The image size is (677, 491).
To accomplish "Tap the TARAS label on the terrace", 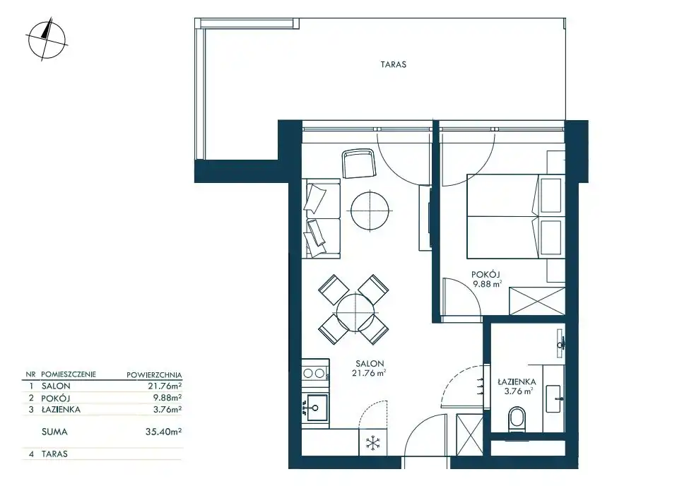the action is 394,65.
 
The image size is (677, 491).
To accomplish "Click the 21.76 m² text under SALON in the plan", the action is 369,374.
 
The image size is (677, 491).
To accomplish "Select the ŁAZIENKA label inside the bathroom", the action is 517,381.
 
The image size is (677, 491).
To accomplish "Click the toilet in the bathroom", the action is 517,418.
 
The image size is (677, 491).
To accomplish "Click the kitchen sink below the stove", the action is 315,408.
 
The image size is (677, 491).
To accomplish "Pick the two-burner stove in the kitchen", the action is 314,373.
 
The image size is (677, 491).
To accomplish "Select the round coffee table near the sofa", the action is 370,211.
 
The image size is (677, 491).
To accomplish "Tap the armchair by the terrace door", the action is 358,163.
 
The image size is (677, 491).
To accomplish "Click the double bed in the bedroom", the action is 516,216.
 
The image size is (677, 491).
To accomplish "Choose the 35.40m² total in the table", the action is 164,432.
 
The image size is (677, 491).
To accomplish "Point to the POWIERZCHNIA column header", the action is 154,375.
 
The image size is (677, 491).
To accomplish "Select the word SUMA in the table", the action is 54,432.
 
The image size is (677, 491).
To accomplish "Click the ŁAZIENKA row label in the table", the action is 61,410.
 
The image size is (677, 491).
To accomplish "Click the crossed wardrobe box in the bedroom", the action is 537,301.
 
